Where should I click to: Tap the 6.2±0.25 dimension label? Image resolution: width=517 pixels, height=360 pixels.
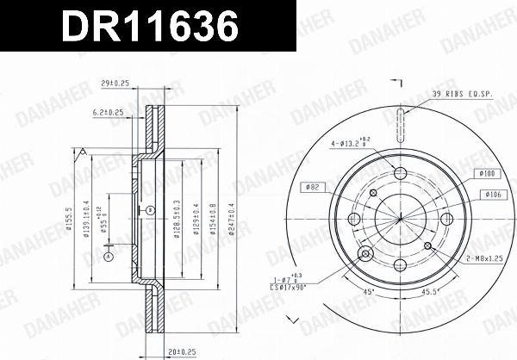(x=107, y=114)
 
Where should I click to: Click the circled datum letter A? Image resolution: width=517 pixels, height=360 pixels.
(x=109, y=256)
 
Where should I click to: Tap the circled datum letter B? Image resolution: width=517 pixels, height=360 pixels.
(x=151, y=209)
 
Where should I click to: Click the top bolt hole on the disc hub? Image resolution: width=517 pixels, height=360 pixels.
(x=400, y=175)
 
